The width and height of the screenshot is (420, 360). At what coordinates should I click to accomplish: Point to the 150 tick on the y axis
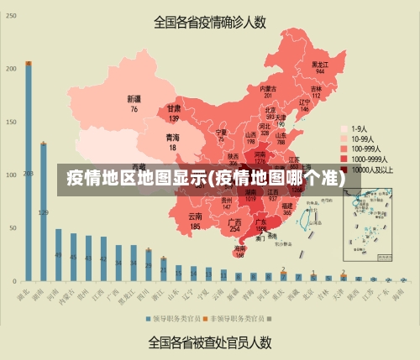tap(10, 122)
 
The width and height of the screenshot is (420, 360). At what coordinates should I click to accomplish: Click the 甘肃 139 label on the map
tap(174, 112)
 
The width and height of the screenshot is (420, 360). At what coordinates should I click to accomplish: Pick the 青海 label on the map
tap(172, 142)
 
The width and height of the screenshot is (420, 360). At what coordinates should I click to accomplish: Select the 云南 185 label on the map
tap(195, 221)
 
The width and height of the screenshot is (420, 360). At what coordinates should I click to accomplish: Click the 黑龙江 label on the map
tap(320, 67)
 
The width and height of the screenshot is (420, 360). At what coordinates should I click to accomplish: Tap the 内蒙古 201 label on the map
tap(268, 92)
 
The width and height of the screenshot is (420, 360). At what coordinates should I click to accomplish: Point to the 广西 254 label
tap(235, 225)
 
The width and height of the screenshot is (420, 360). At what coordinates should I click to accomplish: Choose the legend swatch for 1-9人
tap(344, 128)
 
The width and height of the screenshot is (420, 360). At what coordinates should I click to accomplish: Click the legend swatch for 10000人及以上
tap(344, 169)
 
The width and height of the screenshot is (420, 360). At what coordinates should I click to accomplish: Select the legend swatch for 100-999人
tap(344, 149)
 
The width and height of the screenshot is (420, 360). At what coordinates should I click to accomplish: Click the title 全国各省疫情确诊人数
tap(209, 22)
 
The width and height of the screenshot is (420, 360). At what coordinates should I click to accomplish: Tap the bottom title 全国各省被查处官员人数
tap(209, 342)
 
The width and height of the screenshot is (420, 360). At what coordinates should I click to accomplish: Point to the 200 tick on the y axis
tap(10, 69)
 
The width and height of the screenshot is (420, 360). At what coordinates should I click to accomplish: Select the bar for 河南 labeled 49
tap(59, 254)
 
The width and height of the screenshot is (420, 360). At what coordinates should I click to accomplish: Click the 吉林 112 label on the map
tap(317, 91)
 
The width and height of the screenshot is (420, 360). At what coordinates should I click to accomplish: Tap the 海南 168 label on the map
tap(240, 252)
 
